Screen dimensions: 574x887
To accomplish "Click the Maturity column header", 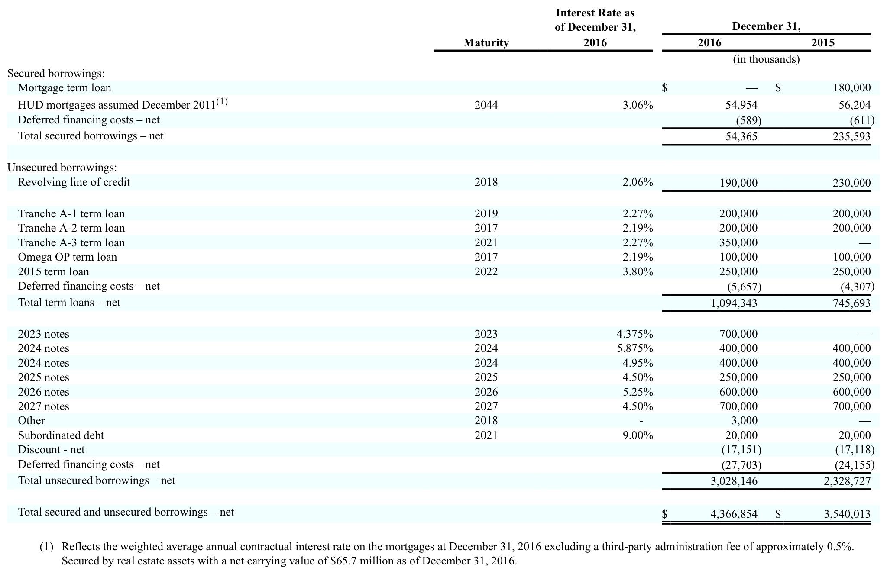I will pyautogui.click(x=486, y=42).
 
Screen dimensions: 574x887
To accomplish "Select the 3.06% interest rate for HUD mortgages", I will pyautogui.click(x=638, y=105).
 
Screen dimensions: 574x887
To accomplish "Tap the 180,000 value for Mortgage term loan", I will pyautogui.click(x=851, y=88).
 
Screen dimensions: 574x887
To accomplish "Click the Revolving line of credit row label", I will pyautogui.click(x=74, y=182).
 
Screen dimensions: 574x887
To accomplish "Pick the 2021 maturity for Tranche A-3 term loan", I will pyautogui.click(x=486, y=243).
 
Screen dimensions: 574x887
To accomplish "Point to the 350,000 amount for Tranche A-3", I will pyautogui.click(x=738, y=243).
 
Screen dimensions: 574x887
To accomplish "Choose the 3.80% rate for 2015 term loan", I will pyautogui.click(x=638, y=272).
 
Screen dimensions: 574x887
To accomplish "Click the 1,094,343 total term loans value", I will pyautogui.click(x=734, y=303).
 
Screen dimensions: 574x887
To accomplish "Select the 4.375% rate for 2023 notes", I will pyautogui.click(x=634, y=334).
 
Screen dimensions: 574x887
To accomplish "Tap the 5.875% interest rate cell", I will pyautogui.click(x=634, y=348).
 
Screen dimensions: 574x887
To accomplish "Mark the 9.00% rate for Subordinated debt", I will pyautogui.click(x=638, y=435).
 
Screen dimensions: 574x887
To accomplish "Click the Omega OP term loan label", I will pyautogui.click(x=67, y=257).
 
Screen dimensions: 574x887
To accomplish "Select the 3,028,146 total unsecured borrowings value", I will pyautogui.click(x=734, y=481).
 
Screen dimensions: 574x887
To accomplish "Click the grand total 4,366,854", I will pyautogui.click(x=734, y=514).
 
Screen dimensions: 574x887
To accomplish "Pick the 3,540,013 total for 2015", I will pyautogui.click(x=847, y=514).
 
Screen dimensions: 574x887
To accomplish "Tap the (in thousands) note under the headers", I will pyautogui.click(x=766, y=59).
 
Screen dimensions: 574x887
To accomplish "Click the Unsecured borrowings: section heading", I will pyautogui.click(x=62, y=168).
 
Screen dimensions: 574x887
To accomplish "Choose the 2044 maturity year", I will pyautogui.click(x=486, y=105).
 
